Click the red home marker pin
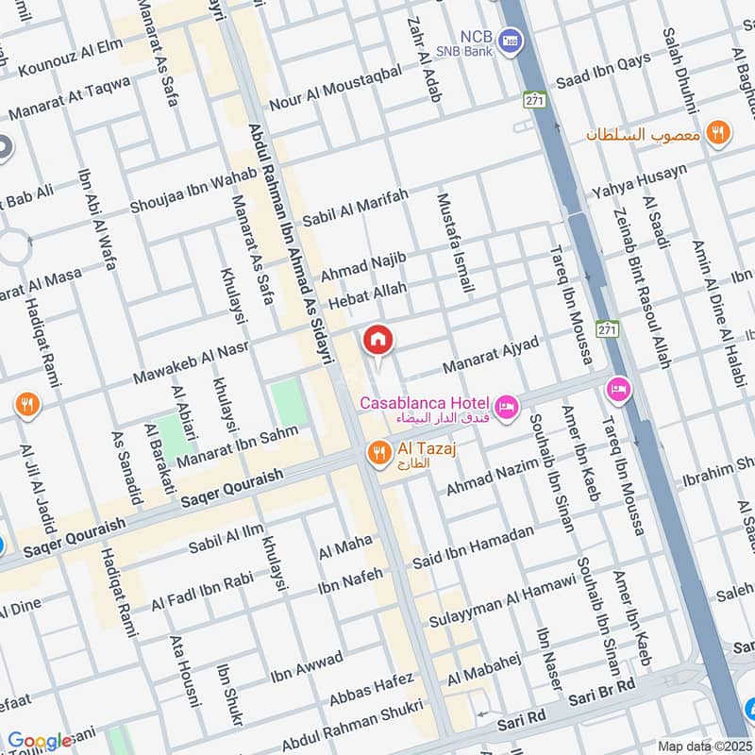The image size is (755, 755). [377, 340]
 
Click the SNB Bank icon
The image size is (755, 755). [511, 40]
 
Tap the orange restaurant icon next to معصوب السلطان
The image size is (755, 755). [718, 134]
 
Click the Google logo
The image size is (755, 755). [40, 742]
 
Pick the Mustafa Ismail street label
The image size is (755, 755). [453, 243]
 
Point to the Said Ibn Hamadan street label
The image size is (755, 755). [473, 547]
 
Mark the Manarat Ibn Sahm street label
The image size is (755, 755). [237, 447]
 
